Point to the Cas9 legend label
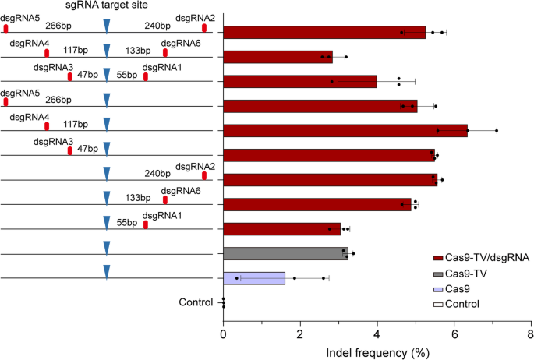(x=459, y=289)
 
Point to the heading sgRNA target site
(x=107, y=5)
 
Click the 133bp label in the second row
(x=138, y=51)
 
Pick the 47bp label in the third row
(x=87, y=75)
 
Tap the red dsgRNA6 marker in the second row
(x=164, y=52)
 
